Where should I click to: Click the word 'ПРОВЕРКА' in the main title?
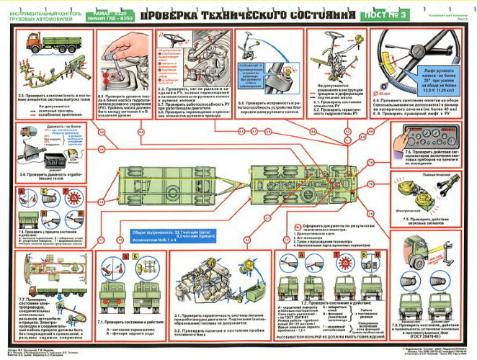click(183, 14)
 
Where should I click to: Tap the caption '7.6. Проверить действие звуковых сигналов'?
click(433, 219)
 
